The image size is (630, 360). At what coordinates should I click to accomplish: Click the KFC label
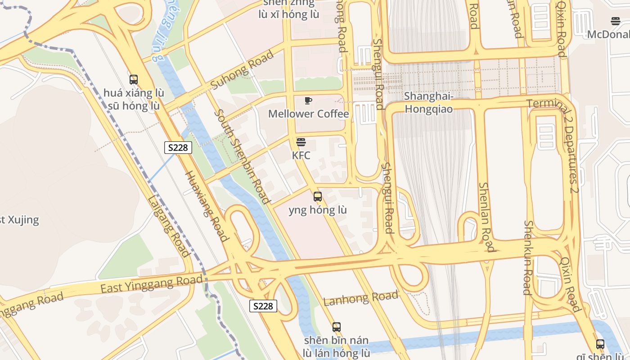tap(301, 156)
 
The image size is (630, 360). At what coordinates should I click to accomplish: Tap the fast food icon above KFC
tap(301, 143)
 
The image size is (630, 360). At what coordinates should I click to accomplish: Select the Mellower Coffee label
tap(308, 114)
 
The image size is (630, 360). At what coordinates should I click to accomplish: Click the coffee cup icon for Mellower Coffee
tap(308, 100)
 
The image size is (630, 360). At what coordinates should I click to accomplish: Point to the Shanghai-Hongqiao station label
tap(428, 103)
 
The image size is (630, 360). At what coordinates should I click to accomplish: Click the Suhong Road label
tap(242, 70)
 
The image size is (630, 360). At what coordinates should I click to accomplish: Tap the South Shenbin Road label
tap(242, 156)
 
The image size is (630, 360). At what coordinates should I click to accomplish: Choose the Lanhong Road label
tap(361, 298)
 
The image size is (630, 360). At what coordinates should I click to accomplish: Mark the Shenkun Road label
tap(528, 257)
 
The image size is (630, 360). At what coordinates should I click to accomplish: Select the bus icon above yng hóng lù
tap(318, 197)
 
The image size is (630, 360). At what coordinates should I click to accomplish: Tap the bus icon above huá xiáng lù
tap(134, 80)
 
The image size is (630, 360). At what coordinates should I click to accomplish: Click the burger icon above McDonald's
tap(616, 21)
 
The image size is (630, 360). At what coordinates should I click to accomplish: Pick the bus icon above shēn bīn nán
tap(337, 327)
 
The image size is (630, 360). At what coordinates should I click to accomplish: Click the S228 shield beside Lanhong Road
tap(263, 306)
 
